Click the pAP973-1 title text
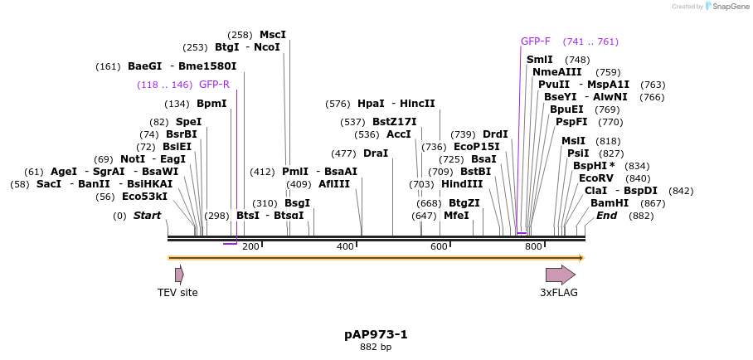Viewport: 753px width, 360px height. tap(376, 334)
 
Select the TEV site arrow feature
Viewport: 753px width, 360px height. tap(179, 275)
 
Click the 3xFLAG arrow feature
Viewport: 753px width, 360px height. tap(560, 275)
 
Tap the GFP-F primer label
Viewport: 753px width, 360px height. tap(535, 41)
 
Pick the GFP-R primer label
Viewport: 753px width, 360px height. tap(214, 85)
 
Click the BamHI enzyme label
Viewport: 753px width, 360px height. tap(610, 203)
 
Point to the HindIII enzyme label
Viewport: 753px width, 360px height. tap(462, 184)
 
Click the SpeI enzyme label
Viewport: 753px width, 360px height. tap(188, 122)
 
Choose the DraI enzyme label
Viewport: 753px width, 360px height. tap(376, 153)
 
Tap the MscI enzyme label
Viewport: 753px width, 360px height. tap(273, 35)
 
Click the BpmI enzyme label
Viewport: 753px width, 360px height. tap(211, 104)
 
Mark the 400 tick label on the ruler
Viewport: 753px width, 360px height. tap(345, 246)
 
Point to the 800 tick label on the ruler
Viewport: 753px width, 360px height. tap(533, 246)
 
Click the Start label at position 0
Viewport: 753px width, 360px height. tap(147, 216)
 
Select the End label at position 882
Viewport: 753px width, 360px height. tap(606, 216)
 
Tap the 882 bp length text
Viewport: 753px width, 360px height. tap(376, 348)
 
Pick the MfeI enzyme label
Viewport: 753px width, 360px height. tap(456, 216)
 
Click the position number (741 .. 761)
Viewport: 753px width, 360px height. tap(590, 41)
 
